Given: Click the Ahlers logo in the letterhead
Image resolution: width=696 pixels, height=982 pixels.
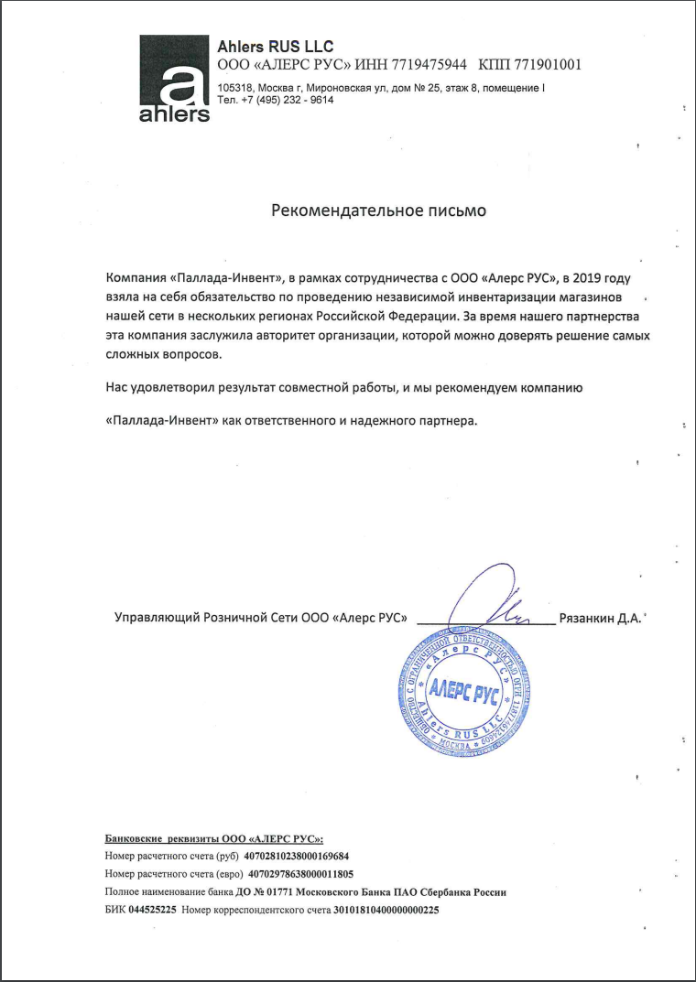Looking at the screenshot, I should pos(174,79).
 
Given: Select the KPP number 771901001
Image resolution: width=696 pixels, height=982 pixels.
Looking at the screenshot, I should pos(546,64).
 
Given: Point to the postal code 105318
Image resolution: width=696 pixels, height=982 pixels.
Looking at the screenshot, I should pos(235,88).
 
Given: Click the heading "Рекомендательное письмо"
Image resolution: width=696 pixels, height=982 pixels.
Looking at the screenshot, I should pos(379,210).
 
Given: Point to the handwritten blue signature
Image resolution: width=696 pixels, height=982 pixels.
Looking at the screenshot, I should pos(495,599).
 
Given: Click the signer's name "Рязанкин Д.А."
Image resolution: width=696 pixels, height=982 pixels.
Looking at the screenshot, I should pos(599,618).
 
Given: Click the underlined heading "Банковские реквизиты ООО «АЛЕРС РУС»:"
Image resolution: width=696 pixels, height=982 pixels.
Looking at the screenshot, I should pos(214,838).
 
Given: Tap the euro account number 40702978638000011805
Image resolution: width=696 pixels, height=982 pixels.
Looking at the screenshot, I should pos(301,874).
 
